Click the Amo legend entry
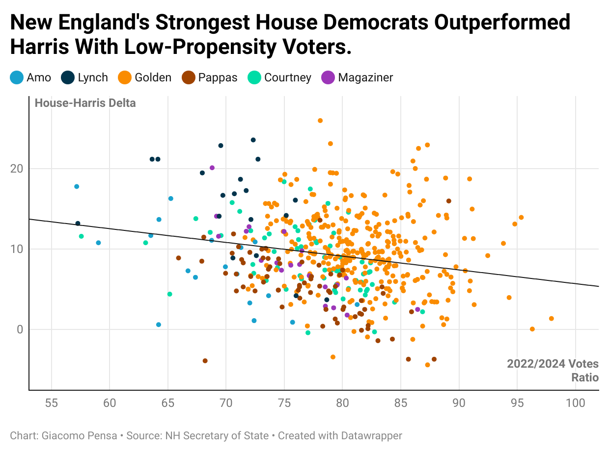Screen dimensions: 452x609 30,77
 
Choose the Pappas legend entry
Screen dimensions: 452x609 210,77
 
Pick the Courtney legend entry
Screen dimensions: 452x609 280,77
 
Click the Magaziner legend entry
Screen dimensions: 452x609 358,77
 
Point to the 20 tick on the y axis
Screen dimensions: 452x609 17,169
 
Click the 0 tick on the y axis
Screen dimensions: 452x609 20,329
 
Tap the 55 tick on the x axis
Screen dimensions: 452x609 51,403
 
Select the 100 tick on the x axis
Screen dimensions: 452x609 576,403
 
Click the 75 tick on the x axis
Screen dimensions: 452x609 284,403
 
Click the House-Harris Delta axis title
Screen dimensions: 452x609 85,103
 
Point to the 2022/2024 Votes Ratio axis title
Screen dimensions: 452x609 553,371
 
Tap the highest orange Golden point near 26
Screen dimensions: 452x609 320,121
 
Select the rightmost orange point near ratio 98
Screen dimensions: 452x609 552,319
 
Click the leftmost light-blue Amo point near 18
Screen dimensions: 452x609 77,187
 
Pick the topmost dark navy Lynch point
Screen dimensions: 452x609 253,140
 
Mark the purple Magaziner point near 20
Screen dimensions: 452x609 212,168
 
